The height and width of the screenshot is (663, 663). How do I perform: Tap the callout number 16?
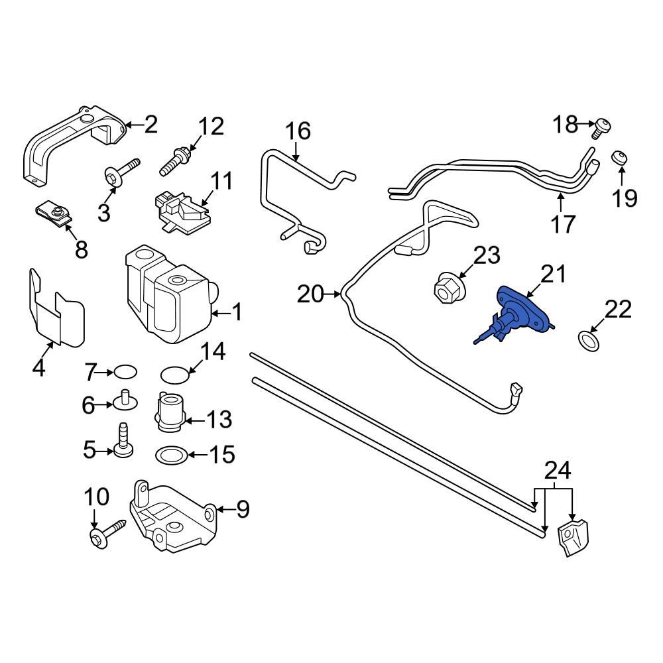click(x=298, y=131)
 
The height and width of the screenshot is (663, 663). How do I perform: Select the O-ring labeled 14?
click(x=174, y=374)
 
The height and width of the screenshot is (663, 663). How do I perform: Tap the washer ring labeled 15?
click(x=170, y=455)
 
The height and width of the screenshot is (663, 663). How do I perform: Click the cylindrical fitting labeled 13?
click(x=170, y=412)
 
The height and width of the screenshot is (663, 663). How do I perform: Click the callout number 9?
click(x=243, y=509)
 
